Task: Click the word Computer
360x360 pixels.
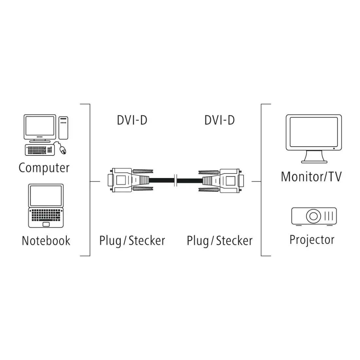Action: coord(44,168)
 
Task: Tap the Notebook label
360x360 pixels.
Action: coord(46,241)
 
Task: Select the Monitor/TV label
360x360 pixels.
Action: coord(311,177)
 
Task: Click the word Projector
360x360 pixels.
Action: coord(312,240)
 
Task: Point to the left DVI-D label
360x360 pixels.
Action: coord(132,120)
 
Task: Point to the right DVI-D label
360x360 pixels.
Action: coord(220,120)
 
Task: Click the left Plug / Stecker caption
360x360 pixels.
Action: coord(132,241)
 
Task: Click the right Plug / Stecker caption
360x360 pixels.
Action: coord(220,241)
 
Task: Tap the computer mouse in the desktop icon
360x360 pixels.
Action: coord(63,150)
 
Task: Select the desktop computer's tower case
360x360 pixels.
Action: coord(63,128)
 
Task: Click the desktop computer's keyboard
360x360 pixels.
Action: coord(40,150)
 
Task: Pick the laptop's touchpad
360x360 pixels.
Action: coord(46,224)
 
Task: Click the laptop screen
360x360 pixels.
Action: coord(46,196)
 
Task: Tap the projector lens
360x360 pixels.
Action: coord(314,216)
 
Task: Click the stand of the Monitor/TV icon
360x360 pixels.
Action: coord(314,157)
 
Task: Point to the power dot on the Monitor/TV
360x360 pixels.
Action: coord(334,149)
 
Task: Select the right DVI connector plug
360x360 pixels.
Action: coord(221,180)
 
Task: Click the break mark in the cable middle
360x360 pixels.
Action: coord(176,180)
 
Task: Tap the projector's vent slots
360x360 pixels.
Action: coord(329,216)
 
